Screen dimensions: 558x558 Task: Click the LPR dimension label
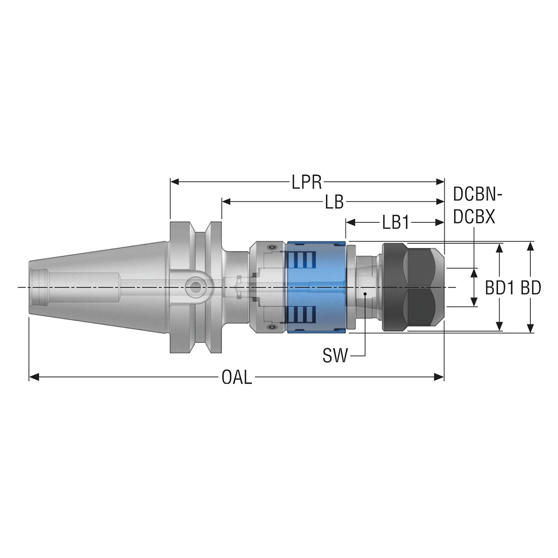coord(306,182)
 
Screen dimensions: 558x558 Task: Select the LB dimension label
coord(334,202)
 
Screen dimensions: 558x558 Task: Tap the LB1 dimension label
coord(395,223)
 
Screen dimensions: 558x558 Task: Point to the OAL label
coord(237,378)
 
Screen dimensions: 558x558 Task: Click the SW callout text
coord(335,356)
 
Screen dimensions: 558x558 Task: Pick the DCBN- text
coord(477,194)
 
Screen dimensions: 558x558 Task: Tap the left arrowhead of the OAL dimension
coord(34,377)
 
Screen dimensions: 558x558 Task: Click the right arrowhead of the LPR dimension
coord(439,182)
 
